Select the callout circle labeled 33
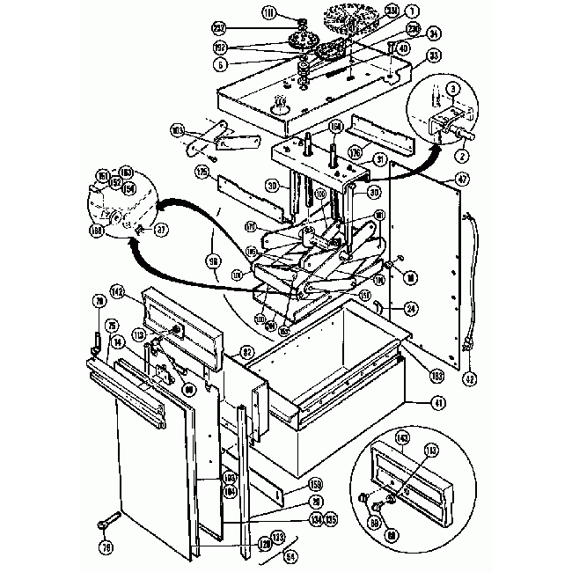click(409, 55)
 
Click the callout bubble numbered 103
click(177, 130)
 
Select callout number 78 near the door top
click(99, 302)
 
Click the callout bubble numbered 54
click(291, 557)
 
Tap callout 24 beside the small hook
click(411, 307)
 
